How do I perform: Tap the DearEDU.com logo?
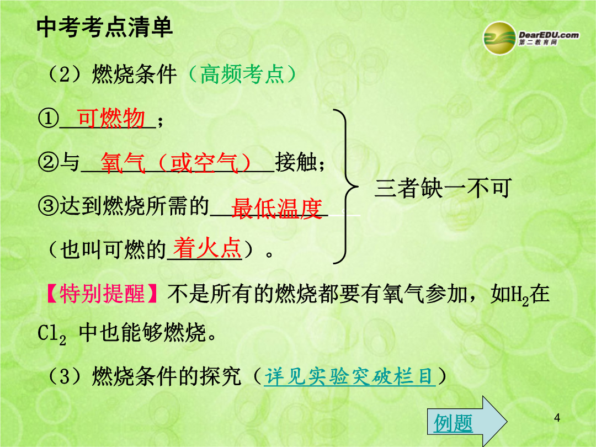531,38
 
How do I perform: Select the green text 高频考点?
242,74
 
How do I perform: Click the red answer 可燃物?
111,118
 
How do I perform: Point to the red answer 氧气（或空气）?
176,163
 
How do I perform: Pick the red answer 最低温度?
276,208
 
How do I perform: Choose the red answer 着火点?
207,248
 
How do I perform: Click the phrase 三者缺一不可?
443,188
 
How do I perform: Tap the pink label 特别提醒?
102,294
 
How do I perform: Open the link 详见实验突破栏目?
350,376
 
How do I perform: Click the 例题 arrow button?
467,421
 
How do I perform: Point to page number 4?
557,418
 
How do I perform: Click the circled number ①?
48,118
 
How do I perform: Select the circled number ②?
48,163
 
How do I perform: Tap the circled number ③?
48,206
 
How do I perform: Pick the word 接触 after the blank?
296,163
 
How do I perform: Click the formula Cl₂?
52,334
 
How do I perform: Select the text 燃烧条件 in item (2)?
134,74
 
